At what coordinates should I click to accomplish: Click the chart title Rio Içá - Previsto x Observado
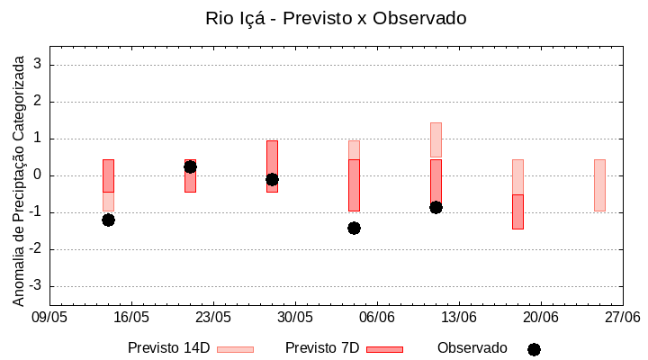coord(336,18)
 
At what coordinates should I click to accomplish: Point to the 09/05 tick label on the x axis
coord(49,317)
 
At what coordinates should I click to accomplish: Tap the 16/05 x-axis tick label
coord(131,317)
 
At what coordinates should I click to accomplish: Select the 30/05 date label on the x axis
coord(295,317)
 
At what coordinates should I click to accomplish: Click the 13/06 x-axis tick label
coord(459,317)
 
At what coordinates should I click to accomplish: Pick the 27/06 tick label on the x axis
coord(622,317)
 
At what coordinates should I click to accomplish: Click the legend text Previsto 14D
coord(169,348)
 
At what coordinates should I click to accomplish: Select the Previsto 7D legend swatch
coord(384,349)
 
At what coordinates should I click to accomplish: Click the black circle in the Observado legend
coord(534,349)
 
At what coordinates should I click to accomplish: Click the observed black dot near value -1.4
coord(354,228)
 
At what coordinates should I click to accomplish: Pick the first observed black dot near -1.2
coord(108,220)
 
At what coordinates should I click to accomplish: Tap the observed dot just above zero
coord(190,166)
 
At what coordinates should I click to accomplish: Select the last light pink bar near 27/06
coord(599,185)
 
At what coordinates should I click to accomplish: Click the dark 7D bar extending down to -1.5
coord(517,212)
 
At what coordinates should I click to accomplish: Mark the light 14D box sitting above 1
coord(436,139)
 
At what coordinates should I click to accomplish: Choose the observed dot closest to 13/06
coord(436,207)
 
